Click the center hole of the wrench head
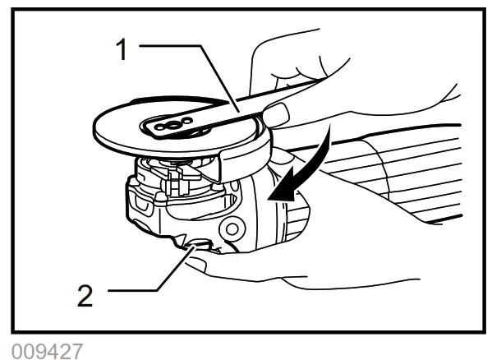[168, 125]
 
